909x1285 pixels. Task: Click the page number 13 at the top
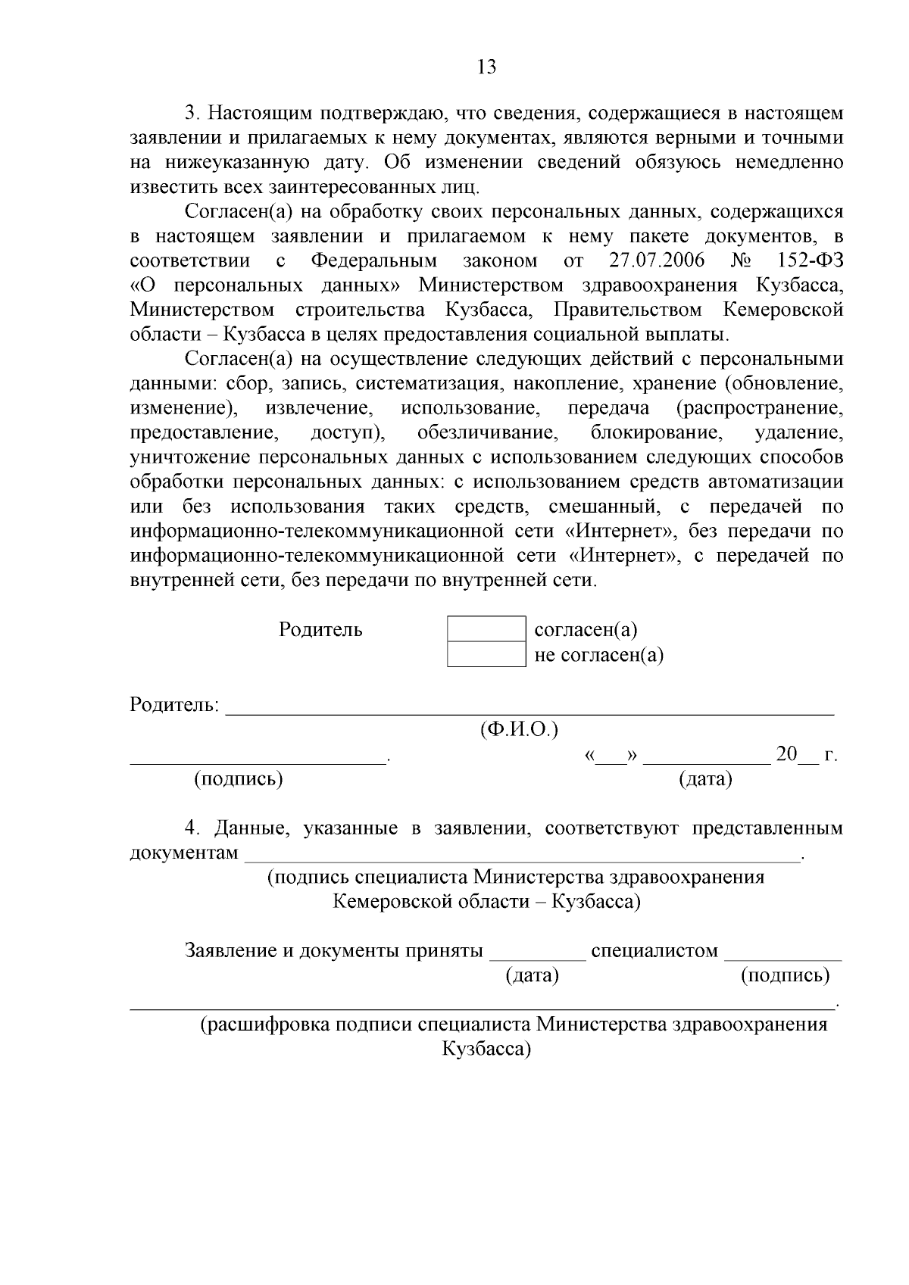click(x=487, y=67)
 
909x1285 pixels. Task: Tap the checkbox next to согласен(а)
click(x=486, y=628)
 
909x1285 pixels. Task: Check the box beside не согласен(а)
click(x=486, y=654)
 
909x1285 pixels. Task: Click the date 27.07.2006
click(x=657, y=261)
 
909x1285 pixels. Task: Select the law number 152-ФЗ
click(x=810, y=261)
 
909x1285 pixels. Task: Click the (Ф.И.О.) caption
click(x=519, y=730)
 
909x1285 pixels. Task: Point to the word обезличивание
click(x=487, y=433)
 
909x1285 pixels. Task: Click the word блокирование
click(x=654, y=433)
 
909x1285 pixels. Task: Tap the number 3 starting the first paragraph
click(x=191, y=114)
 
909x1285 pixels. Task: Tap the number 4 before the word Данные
click(x=191, y=828)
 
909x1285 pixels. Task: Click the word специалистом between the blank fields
click(x=654, y=951)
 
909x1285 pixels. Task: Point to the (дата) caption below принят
click(x=532, y=975)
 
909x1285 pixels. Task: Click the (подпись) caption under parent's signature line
click(x=239, y=778)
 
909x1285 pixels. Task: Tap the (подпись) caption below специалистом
click(x=785, y=975)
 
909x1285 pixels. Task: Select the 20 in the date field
click(x=787, y=755)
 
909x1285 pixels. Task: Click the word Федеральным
click(x=374, y=261)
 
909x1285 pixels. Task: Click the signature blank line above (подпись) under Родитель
click(x=258, y=761)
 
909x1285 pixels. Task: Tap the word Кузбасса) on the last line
click(x=486, y=1050)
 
